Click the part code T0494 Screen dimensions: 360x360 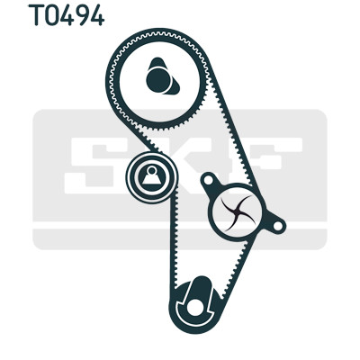coord(67,15)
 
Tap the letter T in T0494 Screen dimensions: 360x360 coord(35,15)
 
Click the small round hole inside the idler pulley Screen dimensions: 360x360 coord(152,170)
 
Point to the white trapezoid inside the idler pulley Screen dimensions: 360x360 coord(152,179)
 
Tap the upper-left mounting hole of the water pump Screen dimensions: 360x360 coord(209,180)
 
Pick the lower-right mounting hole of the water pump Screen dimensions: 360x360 coord(278,225)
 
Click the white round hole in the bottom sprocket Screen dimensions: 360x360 coord(194,307)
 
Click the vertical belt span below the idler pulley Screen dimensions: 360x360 coord(174,241)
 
